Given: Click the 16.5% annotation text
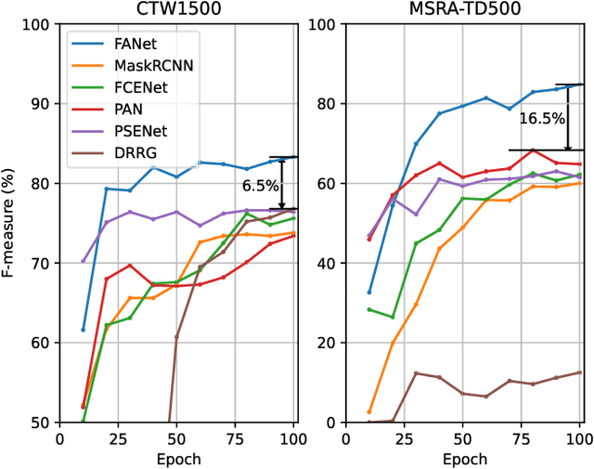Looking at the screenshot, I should click(541, 118).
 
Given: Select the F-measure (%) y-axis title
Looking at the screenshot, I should click(13, 223).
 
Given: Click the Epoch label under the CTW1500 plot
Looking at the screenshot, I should click(177, 459).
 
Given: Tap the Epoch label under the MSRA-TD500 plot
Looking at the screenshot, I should click(464, 459).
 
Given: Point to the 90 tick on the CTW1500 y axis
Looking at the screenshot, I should click(42, 104).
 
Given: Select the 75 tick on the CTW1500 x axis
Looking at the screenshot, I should click(236, 439).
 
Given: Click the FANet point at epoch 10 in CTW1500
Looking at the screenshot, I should click(83, 330).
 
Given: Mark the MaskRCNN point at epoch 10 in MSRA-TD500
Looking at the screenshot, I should click(369, 411).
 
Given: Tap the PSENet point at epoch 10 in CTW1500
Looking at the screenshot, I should click(83, 261).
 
